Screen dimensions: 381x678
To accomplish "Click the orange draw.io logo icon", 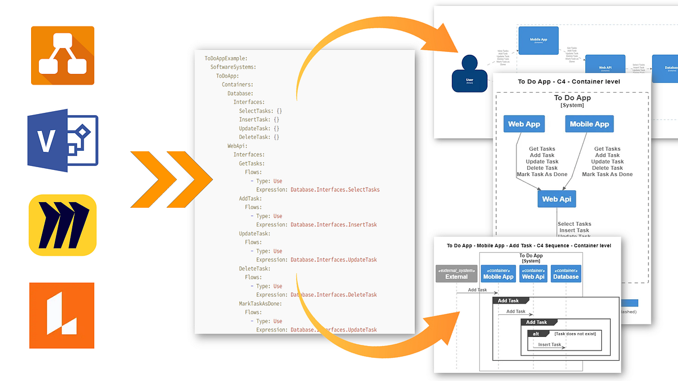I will pos(63,55).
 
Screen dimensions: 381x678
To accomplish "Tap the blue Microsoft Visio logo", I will pos(63,141).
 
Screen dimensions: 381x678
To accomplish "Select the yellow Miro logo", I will pos(63,225).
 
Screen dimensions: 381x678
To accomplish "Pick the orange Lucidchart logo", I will pos(63,315).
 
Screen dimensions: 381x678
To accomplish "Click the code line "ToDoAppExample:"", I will pos(226,58).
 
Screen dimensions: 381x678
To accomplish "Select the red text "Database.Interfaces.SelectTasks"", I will pos(335,190).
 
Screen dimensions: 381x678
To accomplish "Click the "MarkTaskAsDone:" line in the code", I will pos(260,304).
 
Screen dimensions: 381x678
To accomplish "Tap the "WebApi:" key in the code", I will pos(237,146).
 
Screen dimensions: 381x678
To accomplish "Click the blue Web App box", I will pos(524,124).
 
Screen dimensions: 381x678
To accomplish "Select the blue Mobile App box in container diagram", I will pos(589,124).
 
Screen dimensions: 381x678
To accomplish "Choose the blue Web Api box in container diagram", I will pos(557,199).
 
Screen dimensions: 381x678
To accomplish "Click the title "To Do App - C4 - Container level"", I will pos(569,82).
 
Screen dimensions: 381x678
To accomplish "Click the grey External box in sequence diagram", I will pos(457,274).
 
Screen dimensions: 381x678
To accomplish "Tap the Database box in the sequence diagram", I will pos(566,274).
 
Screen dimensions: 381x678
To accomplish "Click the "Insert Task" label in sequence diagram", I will pos(549,344).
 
